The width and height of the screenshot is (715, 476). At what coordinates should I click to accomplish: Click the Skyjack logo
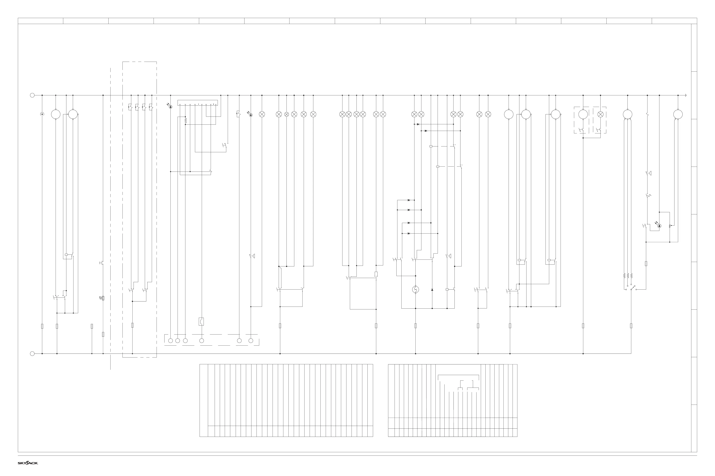(28, 463)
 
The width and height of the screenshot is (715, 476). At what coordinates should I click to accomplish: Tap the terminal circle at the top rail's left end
(32, 95)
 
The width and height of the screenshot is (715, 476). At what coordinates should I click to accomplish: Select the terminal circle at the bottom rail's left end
(32, 354)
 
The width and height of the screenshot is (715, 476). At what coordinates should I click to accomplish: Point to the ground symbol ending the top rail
(686, 95)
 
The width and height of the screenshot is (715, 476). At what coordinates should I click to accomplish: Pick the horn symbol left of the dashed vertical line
(102, 298)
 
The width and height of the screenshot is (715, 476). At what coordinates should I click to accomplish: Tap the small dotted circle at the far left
(42, 114)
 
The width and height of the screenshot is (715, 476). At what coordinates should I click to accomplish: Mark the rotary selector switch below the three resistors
(632, 288)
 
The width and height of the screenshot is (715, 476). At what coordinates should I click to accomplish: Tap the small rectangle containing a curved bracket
(201, 321)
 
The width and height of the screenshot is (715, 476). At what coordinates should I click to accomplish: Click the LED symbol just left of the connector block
(170, 106)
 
